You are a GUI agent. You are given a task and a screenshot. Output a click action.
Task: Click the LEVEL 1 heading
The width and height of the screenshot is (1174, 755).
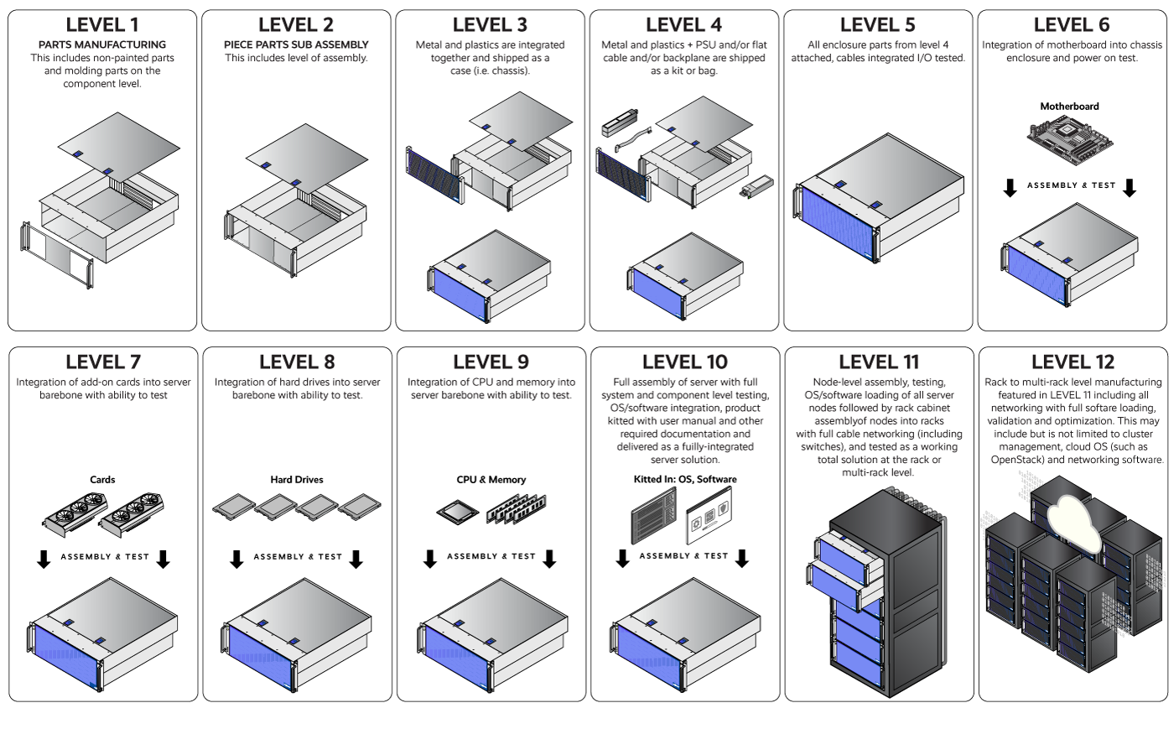tap(102, 24)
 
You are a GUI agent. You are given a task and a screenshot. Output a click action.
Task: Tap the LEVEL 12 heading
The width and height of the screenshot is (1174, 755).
tap(1073, 362)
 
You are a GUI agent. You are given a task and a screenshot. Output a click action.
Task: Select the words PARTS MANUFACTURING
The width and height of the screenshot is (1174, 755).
tap(102, 44)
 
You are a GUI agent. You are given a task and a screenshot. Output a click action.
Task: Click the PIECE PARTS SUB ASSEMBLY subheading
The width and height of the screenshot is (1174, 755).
tap(296, 44)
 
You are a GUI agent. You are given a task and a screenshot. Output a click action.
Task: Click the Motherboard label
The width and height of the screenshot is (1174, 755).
tap(1070, 107)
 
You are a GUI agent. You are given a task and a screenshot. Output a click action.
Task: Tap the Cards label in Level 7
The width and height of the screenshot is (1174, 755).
tap(102, 480)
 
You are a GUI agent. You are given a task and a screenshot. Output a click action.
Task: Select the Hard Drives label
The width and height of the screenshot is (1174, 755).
tap(297, 480)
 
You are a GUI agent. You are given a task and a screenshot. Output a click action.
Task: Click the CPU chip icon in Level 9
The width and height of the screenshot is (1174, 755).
tap(458, 511)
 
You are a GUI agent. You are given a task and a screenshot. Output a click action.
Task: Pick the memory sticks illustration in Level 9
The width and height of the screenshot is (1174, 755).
tap(517, 508)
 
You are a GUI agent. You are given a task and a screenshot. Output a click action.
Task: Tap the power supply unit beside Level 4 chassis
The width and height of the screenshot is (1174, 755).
tap(756, 186)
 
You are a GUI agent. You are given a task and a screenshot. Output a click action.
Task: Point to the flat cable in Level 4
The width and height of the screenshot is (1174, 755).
tap(633, 139)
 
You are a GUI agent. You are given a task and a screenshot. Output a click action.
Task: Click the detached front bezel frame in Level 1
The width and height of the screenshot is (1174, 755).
tap(57, 255)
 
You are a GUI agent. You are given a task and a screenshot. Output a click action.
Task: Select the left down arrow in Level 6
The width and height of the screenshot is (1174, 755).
tap(1010, 188)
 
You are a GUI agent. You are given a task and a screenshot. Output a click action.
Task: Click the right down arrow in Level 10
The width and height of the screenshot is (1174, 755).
tap(741, 559)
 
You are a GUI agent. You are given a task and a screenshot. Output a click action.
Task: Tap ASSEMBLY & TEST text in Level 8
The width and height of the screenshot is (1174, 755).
tap(298, 557)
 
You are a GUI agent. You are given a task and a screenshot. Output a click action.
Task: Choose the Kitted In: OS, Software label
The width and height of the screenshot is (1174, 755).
tap(685, 479)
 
